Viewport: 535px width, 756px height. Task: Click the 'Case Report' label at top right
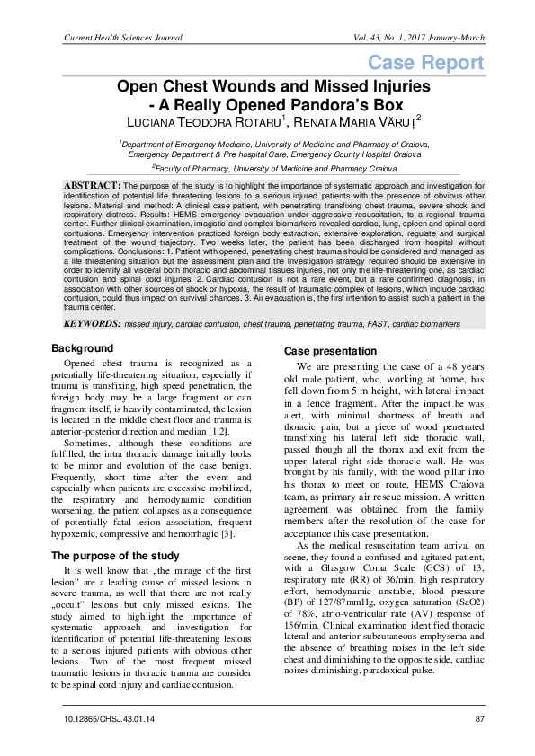pyautogui.click(x=425, y=63)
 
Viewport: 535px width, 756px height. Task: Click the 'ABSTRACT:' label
pyautogui.click(x=91, y=184)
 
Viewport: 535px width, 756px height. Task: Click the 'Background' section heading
pyautogui.click(x=83, y=347)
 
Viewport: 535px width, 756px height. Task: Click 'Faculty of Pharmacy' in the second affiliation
pyautogui.click(x=200, y=168)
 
